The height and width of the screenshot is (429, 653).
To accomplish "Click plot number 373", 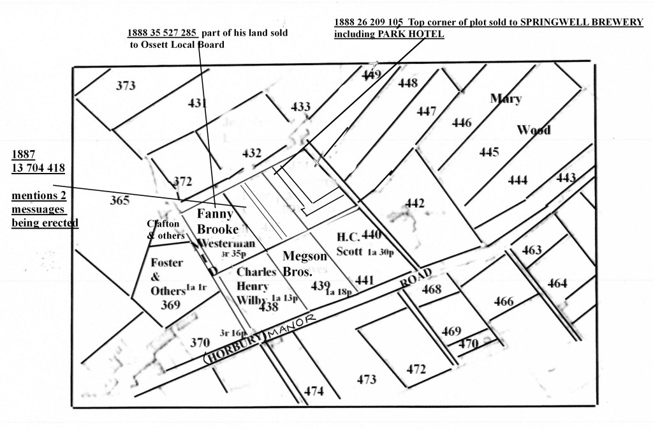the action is click(x=126, y=86).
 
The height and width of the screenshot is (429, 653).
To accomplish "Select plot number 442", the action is click(x=415, y=204).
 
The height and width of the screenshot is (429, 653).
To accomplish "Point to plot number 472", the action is click(x=416, y=369).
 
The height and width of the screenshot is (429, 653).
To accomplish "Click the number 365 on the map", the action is click(x=119, y=200).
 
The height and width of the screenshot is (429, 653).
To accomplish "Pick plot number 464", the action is click(x=557, y=283).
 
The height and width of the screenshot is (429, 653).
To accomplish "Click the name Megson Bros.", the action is click(x=305, y=263).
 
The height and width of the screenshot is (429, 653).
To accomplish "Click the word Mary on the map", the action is click(x=506, y=99).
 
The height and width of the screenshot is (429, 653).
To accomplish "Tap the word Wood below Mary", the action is click(x=534, y=130).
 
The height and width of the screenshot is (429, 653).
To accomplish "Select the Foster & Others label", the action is click(x=167, y=276).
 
